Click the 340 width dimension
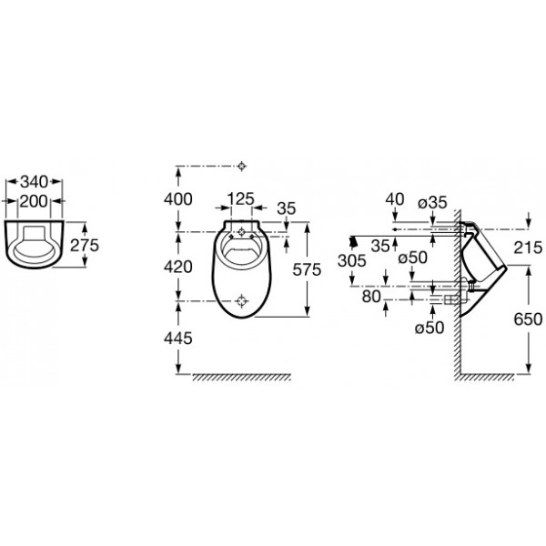(35, 182)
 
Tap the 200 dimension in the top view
(34, 201)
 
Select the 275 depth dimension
(85, 245)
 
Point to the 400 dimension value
(178, 199)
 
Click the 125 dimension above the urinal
(240, 199)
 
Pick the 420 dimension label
(178, 267)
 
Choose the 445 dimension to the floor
(178, 339)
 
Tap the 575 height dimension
(307, 269)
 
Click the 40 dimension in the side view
(395, 199)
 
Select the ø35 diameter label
(432, 202)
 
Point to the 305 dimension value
(351, 260)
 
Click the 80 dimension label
(371, 297)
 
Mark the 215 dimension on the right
(528, 248)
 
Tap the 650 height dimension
(528, 319)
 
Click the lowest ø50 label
(430, 328)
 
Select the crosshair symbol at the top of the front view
(242, 167)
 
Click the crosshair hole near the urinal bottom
(241, 300)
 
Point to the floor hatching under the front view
(242, 377)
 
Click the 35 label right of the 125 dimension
(287, 208)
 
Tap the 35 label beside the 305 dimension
(380, 246)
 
